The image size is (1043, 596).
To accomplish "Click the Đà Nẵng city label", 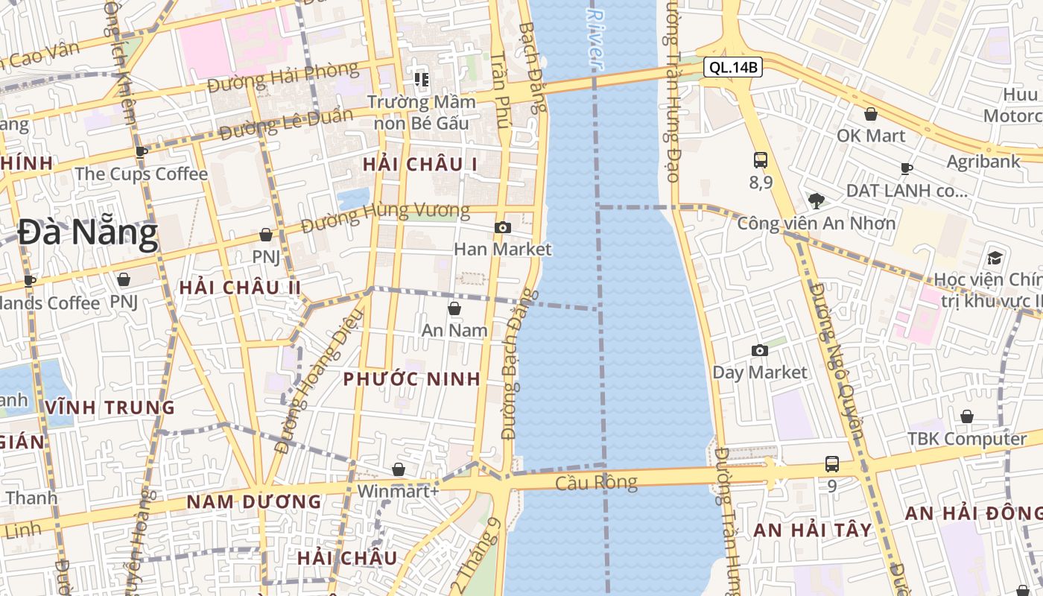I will [88, 233].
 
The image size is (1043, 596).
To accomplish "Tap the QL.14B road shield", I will [733, 68].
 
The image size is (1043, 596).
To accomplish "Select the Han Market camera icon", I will [503, 227].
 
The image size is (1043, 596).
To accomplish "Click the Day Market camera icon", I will [760, 350].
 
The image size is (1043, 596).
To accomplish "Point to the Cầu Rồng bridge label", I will [596, 483].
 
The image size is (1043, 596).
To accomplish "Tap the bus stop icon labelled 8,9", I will [761, 159].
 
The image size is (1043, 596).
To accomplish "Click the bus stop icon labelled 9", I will [832, 464].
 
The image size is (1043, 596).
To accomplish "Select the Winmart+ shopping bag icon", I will [399, 469].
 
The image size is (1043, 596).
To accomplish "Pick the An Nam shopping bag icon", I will [454, 308].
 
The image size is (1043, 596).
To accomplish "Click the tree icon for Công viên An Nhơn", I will [817, 200].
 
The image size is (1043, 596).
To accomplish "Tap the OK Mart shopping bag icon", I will [870, 114].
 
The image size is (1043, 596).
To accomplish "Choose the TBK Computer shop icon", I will [967, 416].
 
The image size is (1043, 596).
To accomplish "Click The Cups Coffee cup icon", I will [141, 152].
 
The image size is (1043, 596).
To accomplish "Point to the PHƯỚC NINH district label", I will [412, 379].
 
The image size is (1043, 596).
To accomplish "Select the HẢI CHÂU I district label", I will [419, 165].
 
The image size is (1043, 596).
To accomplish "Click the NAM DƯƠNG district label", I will [254, 502].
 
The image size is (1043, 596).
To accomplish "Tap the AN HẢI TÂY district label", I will [813, 530].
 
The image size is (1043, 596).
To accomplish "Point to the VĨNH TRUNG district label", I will [110, 408].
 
